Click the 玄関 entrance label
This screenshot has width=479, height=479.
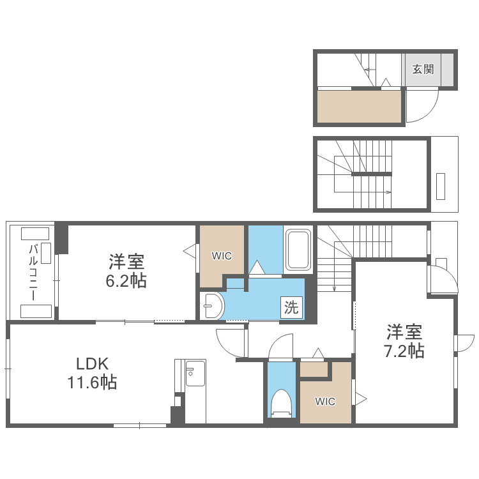pos(422,69)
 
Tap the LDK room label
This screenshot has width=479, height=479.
pos(93,364)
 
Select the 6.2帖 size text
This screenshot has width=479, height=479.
pos(126,280)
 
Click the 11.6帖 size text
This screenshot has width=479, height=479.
pos(92,383)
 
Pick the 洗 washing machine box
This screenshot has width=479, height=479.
pos(291,308)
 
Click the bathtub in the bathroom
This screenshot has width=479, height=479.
pos(298,250)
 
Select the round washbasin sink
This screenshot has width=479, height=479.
pos(211,307)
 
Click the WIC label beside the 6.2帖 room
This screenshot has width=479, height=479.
pos(222,256)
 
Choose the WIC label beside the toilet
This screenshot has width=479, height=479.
pos(325,402)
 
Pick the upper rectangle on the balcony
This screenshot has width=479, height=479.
pos(35,233)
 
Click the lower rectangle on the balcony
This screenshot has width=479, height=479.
pos(36,311)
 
